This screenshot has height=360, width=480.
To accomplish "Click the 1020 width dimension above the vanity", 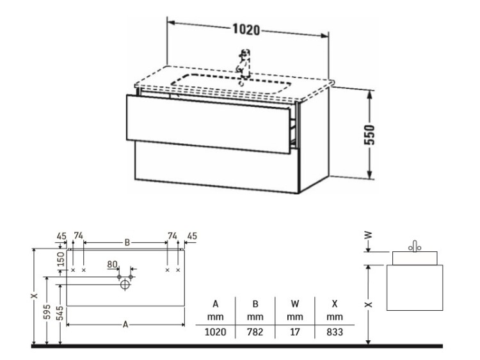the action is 246,29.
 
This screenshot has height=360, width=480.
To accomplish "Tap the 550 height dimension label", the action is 369,134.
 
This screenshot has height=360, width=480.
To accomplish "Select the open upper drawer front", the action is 208,124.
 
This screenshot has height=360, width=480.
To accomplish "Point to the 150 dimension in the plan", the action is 61,259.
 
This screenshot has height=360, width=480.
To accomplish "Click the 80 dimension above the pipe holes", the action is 113,264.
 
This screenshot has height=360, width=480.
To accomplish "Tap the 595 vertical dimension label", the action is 47,311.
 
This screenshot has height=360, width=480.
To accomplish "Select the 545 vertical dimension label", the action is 61,313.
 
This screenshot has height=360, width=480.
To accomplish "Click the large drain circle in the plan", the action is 125,285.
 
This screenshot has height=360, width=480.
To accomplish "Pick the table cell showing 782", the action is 255,332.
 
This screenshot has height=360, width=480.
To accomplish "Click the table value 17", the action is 295,332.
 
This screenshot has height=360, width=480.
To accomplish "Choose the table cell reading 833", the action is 335,332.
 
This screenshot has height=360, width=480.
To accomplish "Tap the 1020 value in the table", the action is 216,332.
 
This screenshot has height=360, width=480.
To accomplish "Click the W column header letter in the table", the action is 295,304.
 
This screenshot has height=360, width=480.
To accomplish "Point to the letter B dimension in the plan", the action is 127,242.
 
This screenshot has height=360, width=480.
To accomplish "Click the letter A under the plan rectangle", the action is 125,325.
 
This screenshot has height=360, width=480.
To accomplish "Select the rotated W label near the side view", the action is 369,235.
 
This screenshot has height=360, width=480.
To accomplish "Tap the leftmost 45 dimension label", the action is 61,236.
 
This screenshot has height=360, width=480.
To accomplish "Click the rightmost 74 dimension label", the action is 172,236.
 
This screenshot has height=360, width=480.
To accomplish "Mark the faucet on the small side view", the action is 415,247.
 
